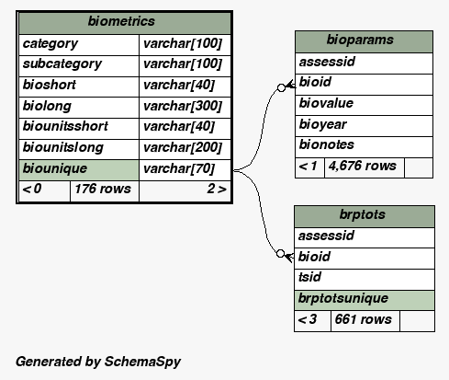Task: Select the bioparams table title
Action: [360, 40]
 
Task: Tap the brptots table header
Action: [363, 214]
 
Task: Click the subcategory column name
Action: [62, 64]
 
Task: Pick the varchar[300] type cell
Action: [183, 106]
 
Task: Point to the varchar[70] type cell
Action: [179, 168]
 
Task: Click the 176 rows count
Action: [103, 189]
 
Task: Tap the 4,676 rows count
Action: [363, 166]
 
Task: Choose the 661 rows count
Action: [364, 319]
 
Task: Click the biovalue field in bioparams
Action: [326, 103]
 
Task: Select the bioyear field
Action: [323, 124]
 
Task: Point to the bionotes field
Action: [327, 144]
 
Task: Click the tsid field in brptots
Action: [309, 277]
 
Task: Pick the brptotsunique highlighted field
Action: [343, 298]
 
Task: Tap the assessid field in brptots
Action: [326, 236]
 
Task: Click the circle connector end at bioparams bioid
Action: [281, 88]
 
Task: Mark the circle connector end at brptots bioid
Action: [280, 254]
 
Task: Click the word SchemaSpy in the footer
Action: [142, 362]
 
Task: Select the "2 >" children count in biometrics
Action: [217, 189]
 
